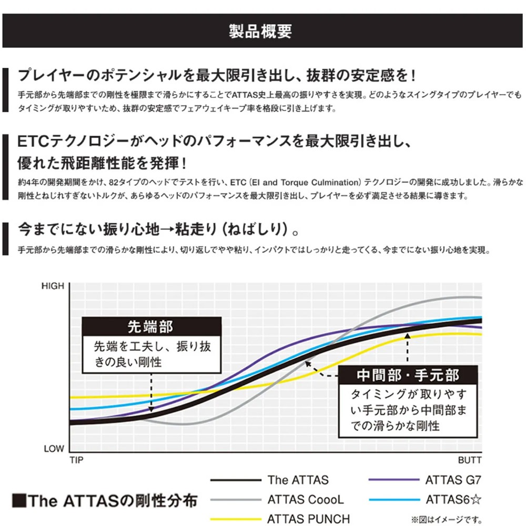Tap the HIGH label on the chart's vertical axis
[53, 287]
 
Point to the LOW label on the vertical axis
[54, 449]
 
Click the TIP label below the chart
[77, 460]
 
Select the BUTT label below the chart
[470, 460]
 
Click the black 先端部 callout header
[150, 327]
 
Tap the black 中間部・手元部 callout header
[408, 375]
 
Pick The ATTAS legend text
[298, 480]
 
